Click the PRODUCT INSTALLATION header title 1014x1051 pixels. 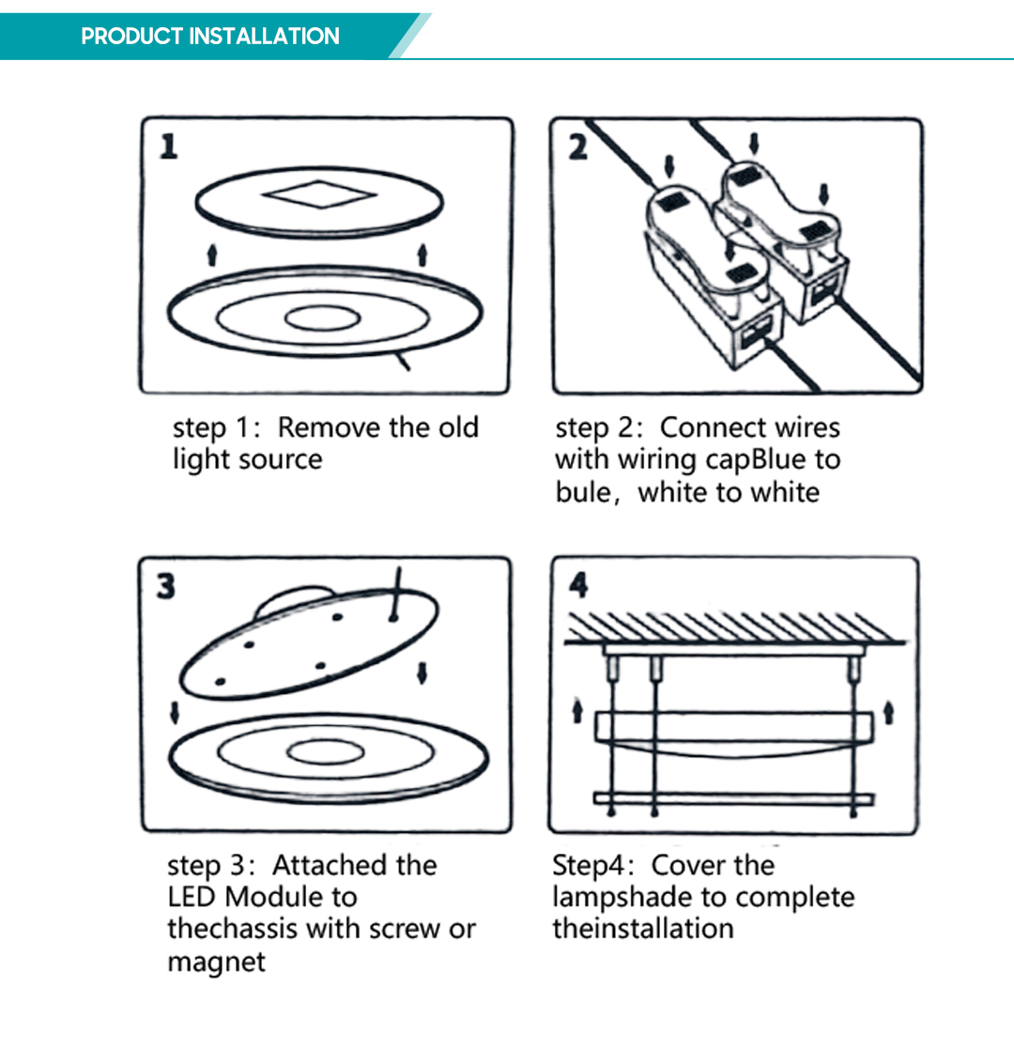tap(210, 37)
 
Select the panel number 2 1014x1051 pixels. tap(578, 147)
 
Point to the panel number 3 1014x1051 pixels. tap(165, 587)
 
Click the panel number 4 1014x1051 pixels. tap(579, 586)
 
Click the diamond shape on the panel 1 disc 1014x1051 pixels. tap(319, 196)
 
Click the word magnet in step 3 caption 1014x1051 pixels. tap(216, 962)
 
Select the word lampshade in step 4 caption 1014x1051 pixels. tap(625, 897)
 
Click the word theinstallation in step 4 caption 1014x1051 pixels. tap(643, 929)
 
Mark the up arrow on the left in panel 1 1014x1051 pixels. tap(212, 253)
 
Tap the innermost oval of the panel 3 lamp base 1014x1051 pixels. tap(326, 753)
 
